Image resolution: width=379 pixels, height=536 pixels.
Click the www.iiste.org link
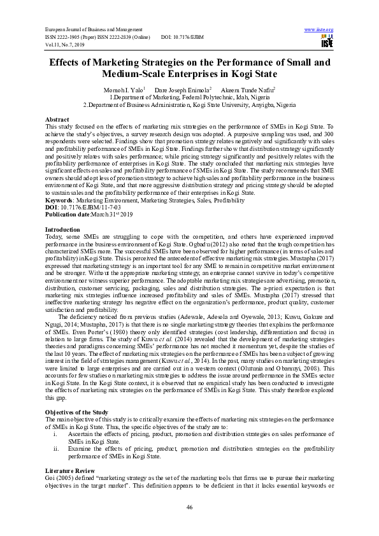[319, 30]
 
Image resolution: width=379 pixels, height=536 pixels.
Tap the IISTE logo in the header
[327, 41]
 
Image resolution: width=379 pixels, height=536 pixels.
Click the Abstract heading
[58, 120]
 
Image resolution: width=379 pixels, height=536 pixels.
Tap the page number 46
[189, 506]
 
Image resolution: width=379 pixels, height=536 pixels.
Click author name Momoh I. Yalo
[125, 90]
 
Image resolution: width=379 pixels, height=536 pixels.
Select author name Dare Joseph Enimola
[182, 90]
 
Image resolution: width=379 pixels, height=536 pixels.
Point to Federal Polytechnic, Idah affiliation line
[189, 97]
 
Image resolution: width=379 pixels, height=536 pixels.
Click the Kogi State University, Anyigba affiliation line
[189, 104]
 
